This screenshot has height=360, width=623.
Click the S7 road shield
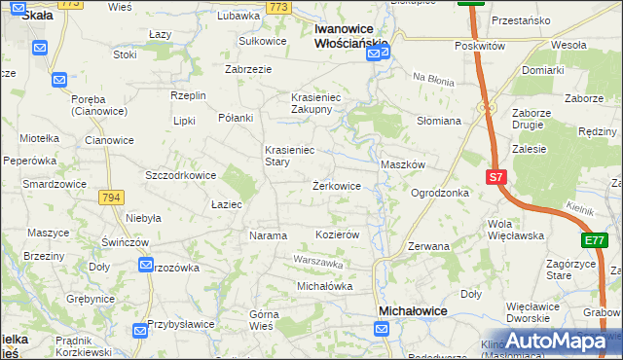click(496, 177)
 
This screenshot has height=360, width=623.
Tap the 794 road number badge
click(111, 197)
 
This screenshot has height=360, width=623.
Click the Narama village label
click(269, 235)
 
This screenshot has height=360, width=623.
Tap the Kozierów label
click(339, 235)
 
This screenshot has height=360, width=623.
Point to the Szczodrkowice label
click(179, 175)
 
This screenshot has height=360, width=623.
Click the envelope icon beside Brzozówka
click(146, 265)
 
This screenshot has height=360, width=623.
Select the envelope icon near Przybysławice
click(140, 332)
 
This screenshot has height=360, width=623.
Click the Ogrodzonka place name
click(440, 193)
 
